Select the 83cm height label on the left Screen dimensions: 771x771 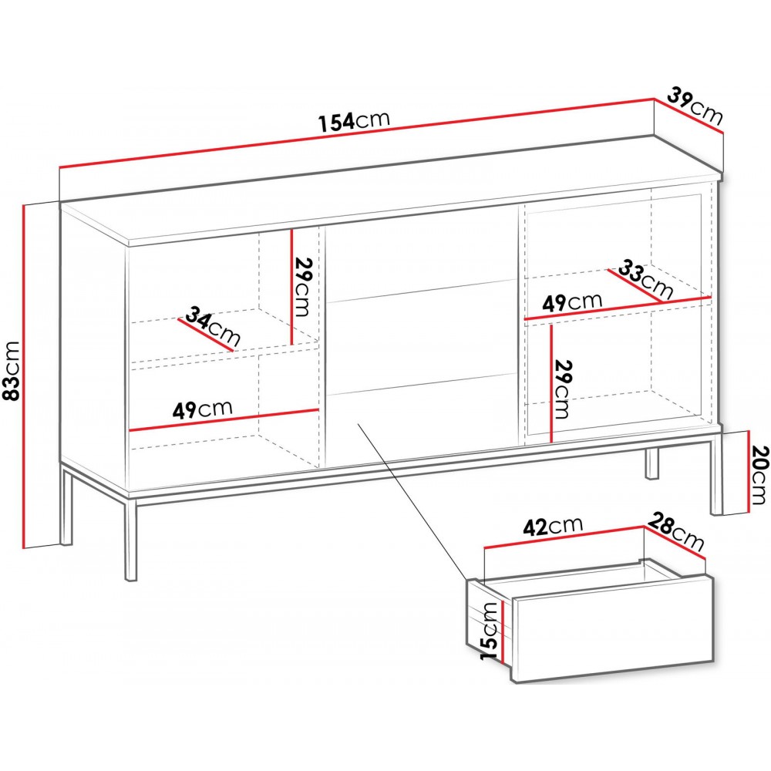pos(11,370)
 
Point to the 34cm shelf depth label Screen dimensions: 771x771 pos(213,325)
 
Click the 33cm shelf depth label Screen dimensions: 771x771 pos(645,279)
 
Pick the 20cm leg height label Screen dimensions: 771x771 pos(757,475)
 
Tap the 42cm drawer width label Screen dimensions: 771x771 pos(553,527)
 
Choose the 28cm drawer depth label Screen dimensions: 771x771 pos(676,531)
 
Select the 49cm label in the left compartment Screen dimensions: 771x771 pos(202,409)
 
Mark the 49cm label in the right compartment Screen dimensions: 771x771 pos(572,301)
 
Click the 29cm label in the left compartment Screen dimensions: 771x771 pos(303,287)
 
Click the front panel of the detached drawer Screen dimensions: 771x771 pos(613,629)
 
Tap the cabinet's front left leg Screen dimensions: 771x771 pos(130,539)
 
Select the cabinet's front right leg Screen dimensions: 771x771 pos(716,473)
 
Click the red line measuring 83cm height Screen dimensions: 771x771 pos(24,377)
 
